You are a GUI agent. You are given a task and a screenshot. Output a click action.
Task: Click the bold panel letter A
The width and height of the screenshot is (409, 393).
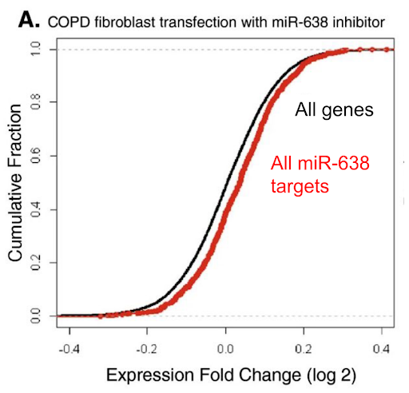(29, 21)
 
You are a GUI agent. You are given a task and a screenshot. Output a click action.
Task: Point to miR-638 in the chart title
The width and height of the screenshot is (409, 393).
(300, 22)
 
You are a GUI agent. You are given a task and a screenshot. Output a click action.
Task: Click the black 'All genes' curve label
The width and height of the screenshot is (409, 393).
(334, 109)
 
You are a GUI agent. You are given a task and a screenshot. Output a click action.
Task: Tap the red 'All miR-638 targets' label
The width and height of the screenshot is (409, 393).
(320, 174)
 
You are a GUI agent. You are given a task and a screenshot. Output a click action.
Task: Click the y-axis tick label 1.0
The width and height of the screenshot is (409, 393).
(35, 49)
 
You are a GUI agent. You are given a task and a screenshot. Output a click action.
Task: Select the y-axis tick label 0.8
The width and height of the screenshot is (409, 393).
(35, 102)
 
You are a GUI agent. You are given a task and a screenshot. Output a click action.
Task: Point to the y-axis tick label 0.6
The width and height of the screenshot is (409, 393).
(35, 156)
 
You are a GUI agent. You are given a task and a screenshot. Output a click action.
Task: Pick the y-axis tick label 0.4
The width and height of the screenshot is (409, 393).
(35, 209)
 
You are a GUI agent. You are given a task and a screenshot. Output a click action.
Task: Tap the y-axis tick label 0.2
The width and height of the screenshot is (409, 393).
(35, 263)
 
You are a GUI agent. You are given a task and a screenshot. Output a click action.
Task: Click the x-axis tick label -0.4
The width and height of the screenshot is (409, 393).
(69, 349)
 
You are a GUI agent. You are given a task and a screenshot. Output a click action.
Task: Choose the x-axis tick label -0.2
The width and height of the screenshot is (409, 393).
(147, 349)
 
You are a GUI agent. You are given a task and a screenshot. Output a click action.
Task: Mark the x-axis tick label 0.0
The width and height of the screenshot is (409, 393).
(225, 349)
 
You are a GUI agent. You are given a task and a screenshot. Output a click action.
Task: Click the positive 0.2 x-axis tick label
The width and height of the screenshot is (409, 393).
(304, 349)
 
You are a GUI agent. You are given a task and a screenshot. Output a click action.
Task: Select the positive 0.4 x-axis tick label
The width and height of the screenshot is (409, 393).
(382, 349)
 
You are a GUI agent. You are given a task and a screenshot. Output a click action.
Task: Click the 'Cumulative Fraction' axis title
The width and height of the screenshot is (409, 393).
(15, 183)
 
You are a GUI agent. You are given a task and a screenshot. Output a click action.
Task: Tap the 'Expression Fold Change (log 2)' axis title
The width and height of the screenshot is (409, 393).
(231, 375)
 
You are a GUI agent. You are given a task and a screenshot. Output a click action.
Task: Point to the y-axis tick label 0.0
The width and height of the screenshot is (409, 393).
(35, 316)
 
